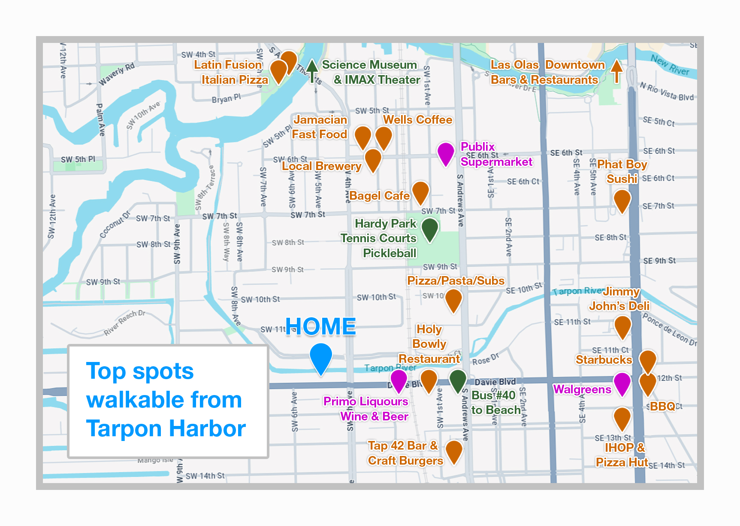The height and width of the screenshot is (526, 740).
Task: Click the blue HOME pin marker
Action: click(x=321, y=357)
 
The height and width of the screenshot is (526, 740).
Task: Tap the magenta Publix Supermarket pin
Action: click(x=446, y=153)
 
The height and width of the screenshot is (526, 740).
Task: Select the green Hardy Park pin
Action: click(x=429, y=228)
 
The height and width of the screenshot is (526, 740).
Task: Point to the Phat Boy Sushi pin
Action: click(x=622, y=200)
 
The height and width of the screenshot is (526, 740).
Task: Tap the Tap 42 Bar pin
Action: click(x=454, y=451)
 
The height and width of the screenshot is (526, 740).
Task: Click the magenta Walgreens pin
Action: click(x=622, y=383)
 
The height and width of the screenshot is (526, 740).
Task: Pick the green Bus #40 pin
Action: click(x=458, y=380)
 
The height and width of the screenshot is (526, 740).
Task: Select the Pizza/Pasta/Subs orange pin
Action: click(x=453, y=299)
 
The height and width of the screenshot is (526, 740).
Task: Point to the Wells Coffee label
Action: click(x=417, y=120)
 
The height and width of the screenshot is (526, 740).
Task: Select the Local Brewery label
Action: click(x=321, y=166)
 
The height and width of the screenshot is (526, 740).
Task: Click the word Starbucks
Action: click(x=604, y=359)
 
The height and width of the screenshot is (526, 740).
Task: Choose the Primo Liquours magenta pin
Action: click(x=399, y=380)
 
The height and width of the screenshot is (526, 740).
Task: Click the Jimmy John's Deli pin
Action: click(x=622, y=327)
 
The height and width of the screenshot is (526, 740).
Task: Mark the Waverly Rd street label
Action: click(x=117, y=74)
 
